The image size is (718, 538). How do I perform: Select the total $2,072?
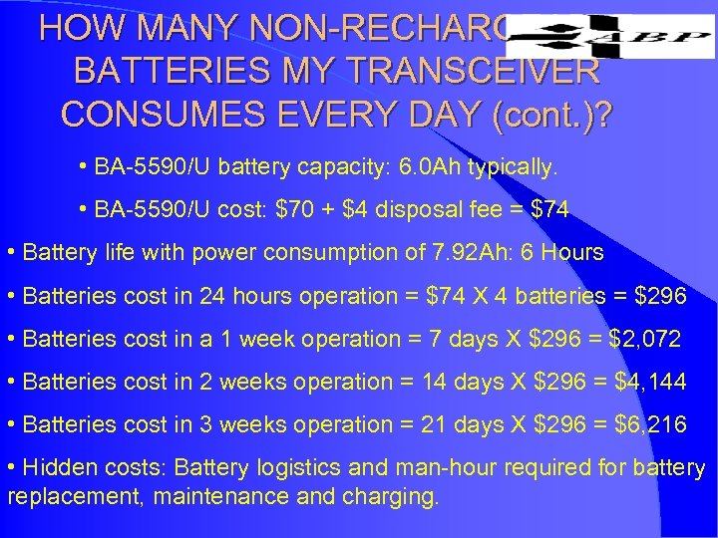[633, 339]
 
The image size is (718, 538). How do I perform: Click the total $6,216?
[643, 424]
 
